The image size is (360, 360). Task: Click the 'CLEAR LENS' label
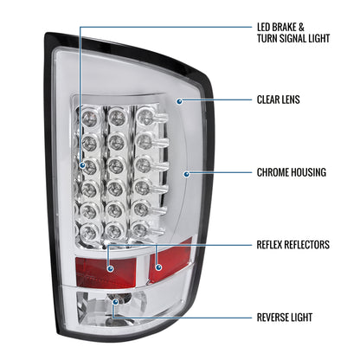coord(279,100)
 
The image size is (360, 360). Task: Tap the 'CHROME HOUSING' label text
coord(292,172)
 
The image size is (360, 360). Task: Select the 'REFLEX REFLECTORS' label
coord(293,245)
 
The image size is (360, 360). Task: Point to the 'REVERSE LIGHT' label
coord(285,318)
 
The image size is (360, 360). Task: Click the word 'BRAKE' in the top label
coord(285,27)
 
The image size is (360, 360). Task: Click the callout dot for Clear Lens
coord(179,101)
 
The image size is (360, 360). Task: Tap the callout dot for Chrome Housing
coord(187,174)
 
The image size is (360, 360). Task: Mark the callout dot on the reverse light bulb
coord(116,302)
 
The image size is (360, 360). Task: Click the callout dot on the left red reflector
coord(110,269)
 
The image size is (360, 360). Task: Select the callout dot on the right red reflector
coord(158,267)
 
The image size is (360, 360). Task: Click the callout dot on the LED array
coord(82,165)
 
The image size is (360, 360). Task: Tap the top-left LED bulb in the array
coord(89,116)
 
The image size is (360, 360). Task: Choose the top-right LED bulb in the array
coord(145,117)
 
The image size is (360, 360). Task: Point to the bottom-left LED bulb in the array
coord(88,232)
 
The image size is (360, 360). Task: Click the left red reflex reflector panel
coord(106,271)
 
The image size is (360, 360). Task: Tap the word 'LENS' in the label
coord(289,100)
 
